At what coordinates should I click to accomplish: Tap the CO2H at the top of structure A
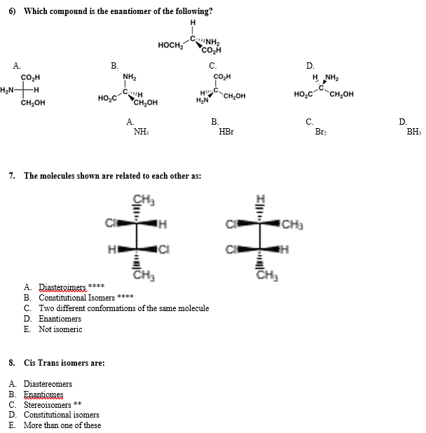[x=32, y=76]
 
